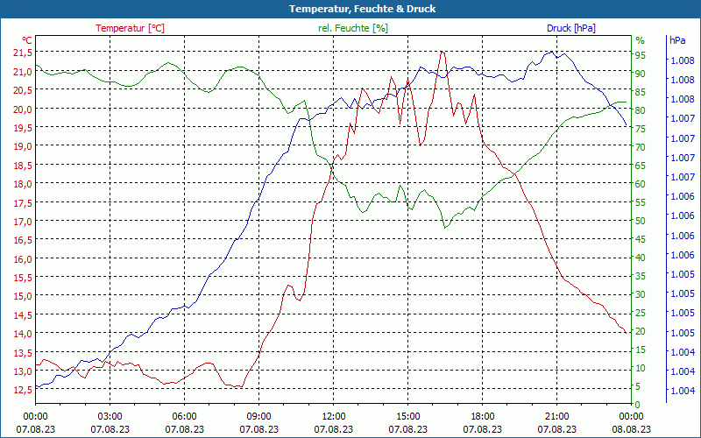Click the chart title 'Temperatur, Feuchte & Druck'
pos(350,9)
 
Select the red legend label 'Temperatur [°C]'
pos(130,28)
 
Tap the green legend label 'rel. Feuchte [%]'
pos(352,28)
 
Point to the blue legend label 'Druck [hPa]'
pos(570,28)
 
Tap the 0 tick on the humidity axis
pos(638,404)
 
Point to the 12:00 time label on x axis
pos(334,417)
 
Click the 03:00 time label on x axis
pos(110,417)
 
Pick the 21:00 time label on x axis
pos(557,417)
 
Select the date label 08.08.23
pos(632,429)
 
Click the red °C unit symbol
pos(27,40)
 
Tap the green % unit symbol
pos(640,40)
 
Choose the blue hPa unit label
pos(677,40)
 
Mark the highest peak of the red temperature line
pos(443,52)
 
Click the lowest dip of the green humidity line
pos(445,228)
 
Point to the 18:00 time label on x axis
pos(483,417)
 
